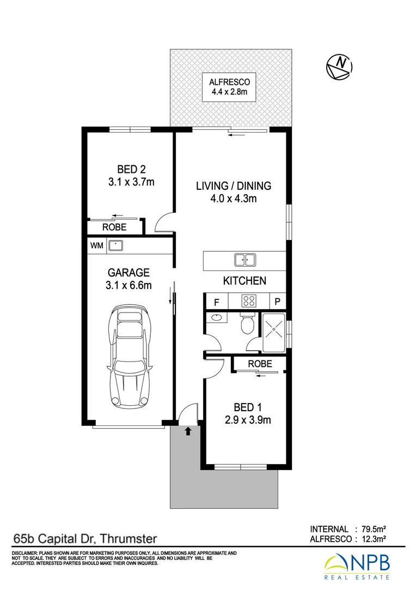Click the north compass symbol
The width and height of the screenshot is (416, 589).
click(339, 67)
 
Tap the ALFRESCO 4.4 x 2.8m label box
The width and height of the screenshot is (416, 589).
click(229, 87)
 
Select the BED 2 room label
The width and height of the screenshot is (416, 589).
click(131, 170)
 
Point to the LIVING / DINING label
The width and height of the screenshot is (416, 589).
click(234, 186)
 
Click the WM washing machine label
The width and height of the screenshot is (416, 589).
click(97, 245)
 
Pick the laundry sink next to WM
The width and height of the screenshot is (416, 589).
click(115, 245)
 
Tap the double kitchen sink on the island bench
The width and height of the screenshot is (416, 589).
click(245, 260)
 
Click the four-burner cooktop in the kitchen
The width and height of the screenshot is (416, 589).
click(249, 301)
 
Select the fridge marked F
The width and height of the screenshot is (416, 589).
click(217, 302)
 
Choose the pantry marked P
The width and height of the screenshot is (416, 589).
click(278, 302)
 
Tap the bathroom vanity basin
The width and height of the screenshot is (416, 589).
click(217, 317)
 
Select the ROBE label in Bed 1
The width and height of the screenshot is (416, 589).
click(260, 364)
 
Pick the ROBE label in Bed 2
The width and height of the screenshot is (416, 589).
click(114, 227)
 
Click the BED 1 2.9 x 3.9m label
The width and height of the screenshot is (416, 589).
click(248, 413)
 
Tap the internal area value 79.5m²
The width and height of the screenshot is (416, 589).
click(374, 529)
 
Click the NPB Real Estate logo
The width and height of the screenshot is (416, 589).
click(357, 567)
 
